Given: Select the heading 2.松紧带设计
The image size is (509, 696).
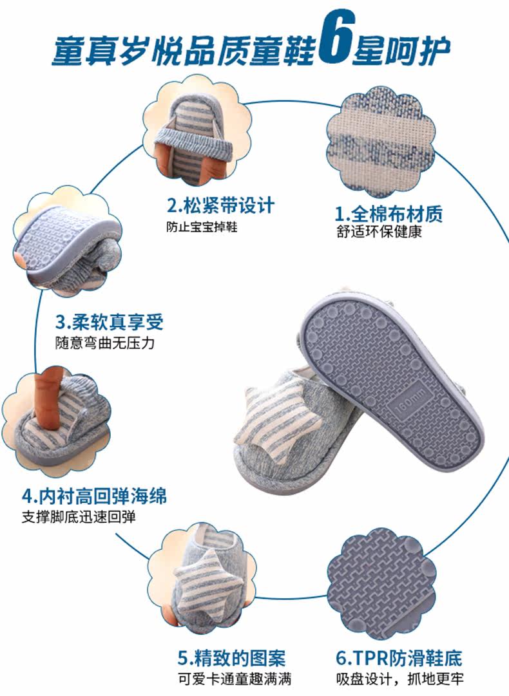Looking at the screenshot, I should point(220,206).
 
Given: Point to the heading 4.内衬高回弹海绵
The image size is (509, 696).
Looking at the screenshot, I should point(94,497).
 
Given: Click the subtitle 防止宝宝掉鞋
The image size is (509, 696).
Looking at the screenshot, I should point(202,227).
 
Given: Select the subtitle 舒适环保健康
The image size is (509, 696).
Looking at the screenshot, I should point(379,233).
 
